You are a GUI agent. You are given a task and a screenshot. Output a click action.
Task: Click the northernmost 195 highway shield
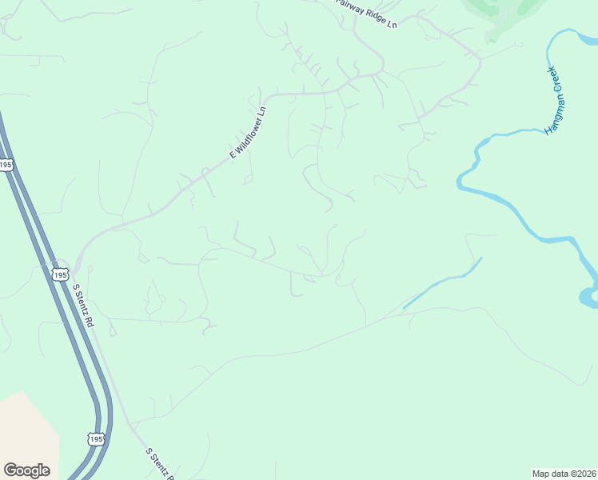(6, 165)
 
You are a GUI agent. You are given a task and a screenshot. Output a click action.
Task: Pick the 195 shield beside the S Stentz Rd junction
(60, 274)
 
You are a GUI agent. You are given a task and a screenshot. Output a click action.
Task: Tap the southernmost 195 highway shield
(95, 439)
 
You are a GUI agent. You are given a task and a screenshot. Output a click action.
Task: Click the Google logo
(26, 470)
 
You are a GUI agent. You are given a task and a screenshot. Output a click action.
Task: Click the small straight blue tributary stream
(442, 283)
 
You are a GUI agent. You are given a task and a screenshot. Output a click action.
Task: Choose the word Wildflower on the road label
(250, 127)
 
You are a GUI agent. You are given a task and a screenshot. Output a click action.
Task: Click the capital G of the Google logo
(10, 470)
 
